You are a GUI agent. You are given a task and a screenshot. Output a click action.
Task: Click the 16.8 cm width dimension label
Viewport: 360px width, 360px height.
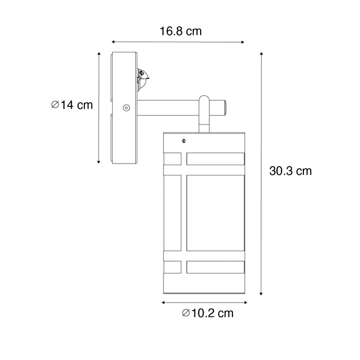(x=179, y=31)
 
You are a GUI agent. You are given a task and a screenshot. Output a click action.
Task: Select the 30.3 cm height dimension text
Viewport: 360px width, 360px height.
(x=290, y=171)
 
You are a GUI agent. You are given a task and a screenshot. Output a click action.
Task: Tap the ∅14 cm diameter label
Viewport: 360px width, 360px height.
(x=72, y=105)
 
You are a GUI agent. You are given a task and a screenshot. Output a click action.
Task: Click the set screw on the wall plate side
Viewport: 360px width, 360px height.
(x=125, y=108)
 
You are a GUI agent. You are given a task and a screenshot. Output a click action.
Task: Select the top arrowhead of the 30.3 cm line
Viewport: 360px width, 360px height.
(x=262, y=54)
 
